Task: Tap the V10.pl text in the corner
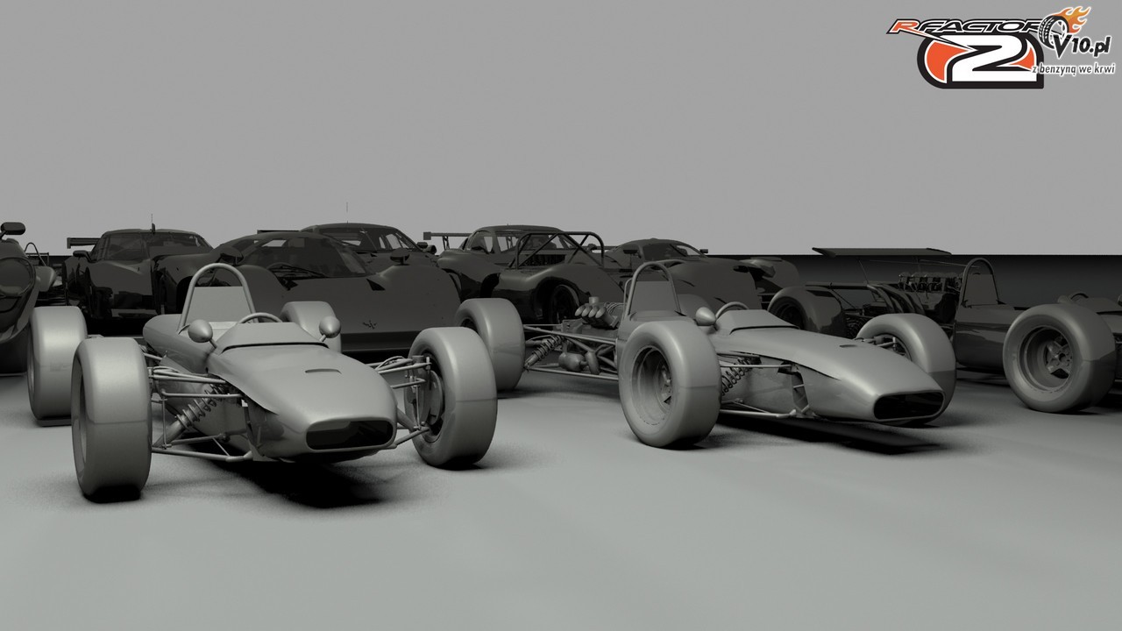tap(1083, 47)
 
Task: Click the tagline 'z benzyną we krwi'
tap(1074, 69)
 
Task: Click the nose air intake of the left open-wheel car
tap(349, 434)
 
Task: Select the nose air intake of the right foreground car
tap(908, 405)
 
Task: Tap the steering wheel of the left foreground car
tap(259, 317)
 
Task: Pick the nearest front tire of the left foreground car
tap(111, 418)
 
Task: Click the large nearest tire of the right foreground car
tap(669, 384)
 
